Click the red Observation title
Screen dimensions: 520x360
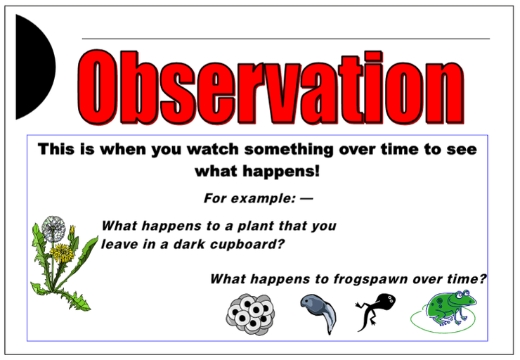[271, 88]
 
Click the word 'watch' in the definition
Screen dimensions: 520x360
[213, 149]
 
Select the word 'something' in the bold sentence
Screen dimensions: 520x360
[289, 150]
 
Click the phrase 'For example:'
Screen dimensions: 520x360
[249, 198]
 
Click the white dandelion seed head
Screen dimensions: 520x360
[53, 229]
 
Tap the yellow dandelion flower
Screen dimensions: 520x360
[63, 252]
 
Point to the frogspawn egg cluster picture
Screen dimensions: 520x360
[250, 314]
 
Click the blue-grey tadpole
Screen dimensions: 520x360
[318, 313]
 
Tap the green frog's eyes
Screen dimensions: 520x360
[462, 294]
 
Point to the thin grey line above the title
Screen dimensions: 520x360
[286, 39]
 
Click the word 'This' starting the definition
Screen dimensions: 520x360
[56, 149]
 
